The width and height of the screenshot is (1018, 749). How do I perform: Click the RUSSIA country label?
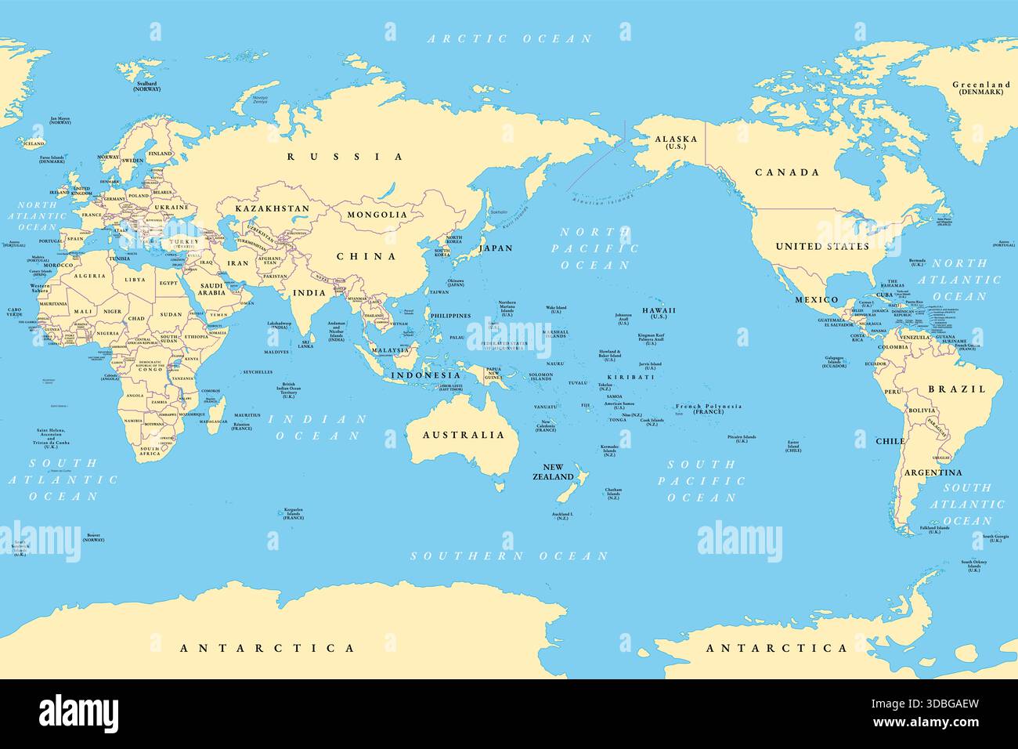[x=345, y=157]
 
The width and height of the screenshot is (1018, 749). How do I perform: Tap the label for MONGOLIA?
[x=377, y=215]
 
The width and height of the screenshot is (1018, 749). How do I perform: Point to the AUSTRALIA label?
[x=464, y=435]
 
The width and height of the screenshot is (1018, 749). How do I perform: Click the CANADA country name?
[x=787, y=172]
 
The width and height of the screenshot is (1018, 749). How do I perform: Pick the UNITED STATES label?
[x=822, y=246]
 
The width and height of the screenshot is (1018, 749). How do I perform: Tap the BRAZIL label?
[x=957, y=389]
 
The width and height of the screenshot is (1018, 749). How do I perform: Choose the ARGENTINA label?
[x=933, y=472]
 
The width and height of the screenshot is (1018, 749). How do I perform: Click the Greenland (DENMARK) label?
[x=981, y=88]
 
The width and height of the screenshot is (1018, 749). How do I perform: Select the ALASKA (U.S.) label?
[x=675, y=143]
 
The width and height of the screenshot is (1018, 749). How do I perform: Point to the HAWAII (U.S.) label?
[x=659, y=313]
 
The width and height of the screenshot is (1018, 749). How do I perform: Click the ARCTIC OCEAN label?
[x=509, y=38]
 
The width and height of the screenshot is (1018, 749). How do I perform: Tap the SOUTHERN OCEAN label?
[x=509, y=555]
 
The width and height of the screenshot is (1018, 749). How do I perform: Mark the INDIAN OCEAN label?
[x=317, y=427]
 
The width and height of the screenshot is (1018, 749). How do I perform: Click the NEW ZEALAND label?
[x=554, y=472]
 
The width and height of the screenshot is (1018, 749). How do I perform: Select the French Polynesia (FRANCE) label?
[x=709, y=408]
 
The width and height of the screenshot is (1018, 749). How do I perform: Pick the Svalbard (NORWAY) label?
[x=146, y=86]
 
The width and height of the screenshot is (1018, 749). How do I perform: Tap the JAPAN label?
[x=496, y=248]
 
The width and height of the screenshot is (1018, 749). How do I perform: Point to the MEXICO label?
[x=817, y=300]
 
